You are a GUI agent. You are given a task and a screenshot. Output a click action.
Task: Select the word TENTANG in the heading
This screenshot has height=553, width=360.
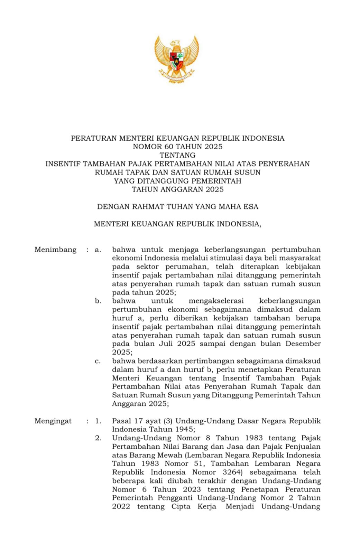(x=177, y=155)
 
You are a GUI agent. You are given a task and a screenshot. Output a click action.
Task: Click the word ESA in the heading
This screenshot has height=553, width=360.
(x=251, y=207)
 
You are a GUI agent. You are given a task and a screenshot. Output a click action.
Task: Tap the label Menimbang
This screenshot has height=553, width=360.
(x=55, y=250)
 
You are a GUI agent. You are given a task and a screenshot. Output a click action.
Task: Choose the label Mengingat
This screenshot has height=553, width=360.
(x=53, y=421)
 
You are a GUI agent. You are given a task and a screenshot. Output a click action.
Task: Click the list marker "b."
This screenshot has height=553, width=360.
(x=98, y=301)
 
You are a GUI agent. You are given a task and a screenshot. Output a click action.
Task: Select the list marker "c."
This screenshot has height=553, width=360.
(x=98, y=361)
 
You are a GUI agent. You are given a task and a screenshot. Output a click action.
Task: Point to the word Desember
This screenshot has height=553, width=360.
(x=303, y=344)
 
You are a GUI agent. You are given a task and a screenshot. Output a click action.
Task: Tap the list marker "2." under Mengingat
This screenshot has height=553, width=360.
(x=99, y=438)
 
